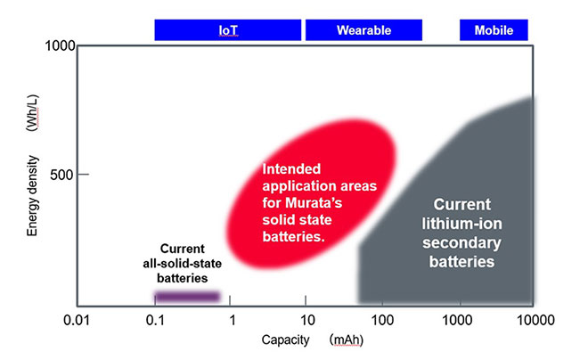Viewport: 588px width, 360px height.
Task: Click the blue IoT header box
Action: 229,30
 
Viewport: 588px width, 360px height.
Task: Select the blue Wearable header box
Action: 363,30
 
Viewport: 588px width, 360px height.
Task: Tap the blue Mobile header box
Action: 493,30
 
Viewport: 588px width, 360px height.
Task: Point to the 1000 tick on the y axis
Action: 55,45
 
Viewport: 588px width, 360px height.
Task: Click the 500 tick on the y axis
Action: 61,175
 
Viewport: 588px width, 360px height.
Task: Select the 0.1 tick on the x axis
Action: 155,319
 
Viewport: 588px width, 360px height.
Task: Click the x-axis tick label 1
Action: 232,319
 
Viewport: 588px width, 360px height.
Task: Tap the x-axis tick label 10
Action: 306,319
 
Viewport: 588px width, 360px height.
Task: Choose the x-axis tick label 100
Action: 382,319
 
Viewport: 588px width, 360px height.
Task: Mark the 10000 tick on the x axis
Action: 532,319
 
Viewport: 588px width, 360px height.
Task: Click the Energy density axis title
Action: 32,192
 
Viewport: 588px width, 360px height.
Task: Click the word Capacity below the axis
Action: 282,340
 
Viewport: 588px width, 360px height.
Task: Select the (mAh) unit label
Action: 346,340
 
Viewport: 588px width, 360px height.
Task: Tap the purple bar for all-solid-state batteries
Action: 187,296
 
